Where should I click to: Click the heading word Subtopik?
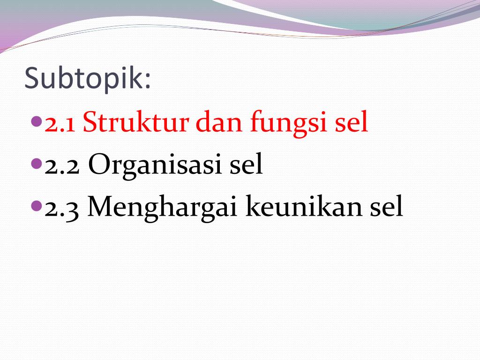(x=88, y=79)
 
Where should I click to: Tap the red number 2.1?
(x=60, y=124)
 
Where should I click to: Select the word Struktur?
(x=136, y=123)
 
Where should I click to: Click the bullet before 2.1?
(x=37, y=122)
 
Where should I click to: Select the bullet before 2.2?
(x=37, y=164)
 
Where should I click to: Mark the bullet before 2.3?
(x=37, y=205)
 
